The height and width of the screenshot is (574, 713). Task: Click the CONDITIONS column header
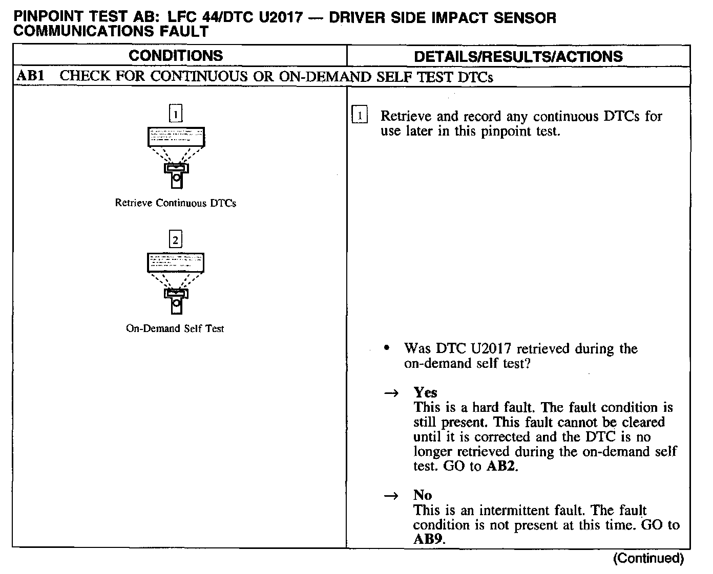[x=176, y=56]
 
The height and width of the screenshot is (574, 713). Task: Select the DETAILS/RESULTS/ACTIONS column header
[x=518, y=56]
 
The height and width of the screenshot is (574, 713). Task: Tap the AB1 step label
[x=30, y=76]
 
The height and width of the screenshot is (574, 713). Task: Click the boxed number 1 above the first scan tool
[x=176, y=114]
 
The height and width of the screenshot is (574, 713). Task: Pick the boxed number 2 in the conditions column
[x=176, y=239]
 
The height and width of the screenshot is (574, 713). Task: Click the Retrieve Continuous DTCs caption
[x=176, y=203]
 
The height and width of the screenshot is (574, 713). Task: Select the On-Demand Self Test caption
[x=175, y=328]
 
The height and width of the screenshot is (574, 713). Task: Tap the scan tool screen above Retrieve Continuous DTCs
[x=176, y=137]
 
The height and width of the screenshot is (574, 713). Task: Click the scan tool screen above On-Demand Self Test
[x=176, y=262]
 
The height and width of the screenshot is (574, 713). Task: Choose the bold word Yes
[x=425, y=392]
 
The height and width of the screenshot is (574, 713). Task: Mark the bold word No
[x=423, y=495]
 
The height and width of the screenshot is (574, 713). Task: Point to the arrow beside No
[x=391, y=496]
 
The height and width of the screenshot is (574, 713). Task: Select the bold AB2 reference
[x=500, y=467]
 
